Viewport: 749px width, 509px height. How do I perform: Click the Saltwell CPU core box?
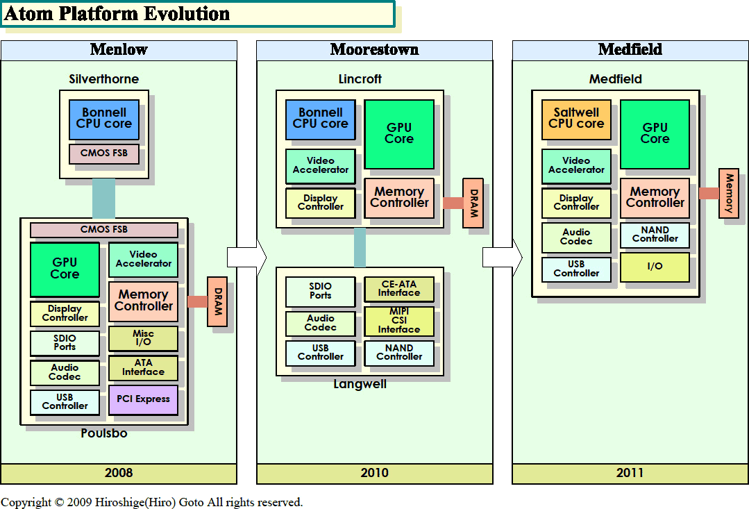point(576,119)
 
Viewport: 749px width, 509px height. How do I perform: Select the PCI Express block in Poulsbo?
point(143,399)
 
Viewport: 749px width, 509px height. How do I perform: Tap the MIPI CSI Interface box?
point(399,321)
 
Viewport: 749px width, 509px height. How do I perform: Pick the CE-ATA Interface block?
point(399,289)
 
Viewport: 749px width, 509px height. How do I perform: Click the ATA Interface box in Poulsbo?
point(143,367)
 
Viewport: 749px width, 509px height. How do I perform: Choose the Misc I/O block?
point(143,338)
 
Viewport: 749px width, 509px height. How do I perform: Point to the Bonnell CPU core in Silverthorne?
point(104,119)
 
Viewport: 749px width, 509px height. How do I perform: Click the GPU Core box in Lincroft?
point(399,134)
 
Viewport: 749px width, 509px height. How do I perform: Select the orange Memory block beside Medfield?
point(729,193)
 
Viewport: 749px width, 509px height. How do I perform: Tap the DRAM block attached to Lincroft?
point(473,203)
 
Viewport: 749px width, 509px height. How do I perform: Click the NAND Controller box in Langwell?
point(399,353)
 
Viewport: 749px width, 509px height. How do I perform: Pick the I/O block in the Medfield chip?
point(655,267)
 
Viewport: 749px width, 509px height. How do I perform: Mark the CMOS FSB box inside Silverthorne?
point(104,153)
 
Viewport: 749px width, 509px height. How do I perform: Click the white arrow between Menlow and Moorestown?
point(246,257)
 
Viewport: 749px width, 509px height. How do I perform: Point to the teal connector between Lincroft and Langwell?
point(360,247)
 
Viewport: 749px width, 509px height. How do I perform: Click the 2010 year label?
point(375,473)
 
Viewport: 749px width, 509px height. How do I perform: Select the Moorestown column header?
point(375,49)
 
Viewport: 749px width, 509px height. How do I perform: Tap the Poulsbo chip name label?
point(104,433)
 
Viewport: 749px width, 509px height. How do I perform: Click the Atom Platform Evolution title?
point(118,14)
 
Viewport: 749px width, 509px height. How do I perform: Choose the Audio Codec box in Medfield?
point(576,237)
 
